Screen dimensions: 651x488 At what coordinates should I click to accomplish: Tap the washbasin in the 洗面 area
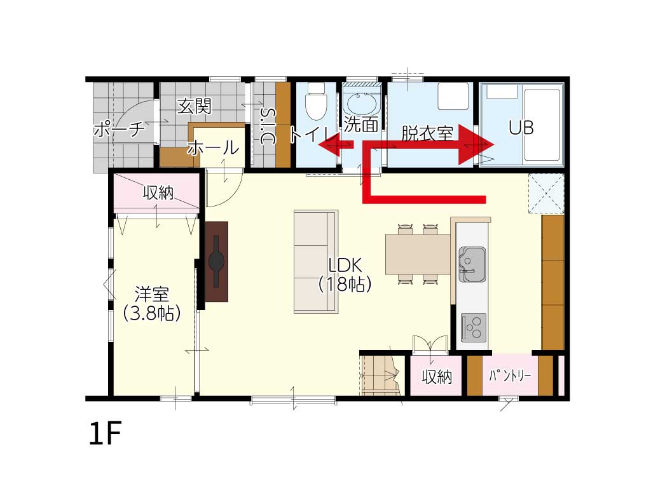[361, 104]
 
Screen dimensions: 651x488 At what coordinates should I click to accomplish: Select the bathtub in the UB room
[542, 125]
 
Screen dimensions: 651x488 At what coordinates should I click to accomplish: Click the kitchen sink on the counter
[472, 264]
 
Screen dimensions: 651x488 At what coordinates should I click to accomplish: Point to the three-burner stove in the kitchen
[473, 327]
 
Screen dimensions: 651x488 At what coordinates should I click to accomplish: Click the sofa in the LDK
[316, 261]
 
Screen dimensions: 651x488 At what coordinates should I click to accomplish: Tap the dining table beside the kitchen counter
[418, 254]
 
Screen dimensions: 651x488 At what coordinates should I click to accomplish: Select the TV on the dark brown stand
[216, 261]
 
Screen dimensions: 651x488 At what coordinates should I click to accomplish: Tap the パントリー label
[510, 376]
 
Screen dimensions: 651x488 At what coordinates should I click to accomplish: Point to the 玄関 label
[195, 106]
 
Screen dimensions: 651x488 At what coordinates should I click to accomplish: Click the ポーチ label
[120, 129]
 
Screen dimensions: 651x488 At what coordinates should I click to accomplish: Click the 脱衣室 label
[427, 133]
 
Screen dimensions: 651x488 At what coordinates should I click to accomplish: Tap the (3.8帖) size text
[152, 313]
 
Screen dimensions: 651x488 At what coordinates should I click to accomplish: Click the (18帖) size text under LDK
[345, 284]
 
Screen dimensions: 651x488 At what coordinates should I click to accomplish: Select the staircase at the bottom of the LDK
[381, 374]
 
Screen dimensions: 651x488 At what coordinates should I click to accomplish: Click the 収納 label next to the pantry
[437, 377]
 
